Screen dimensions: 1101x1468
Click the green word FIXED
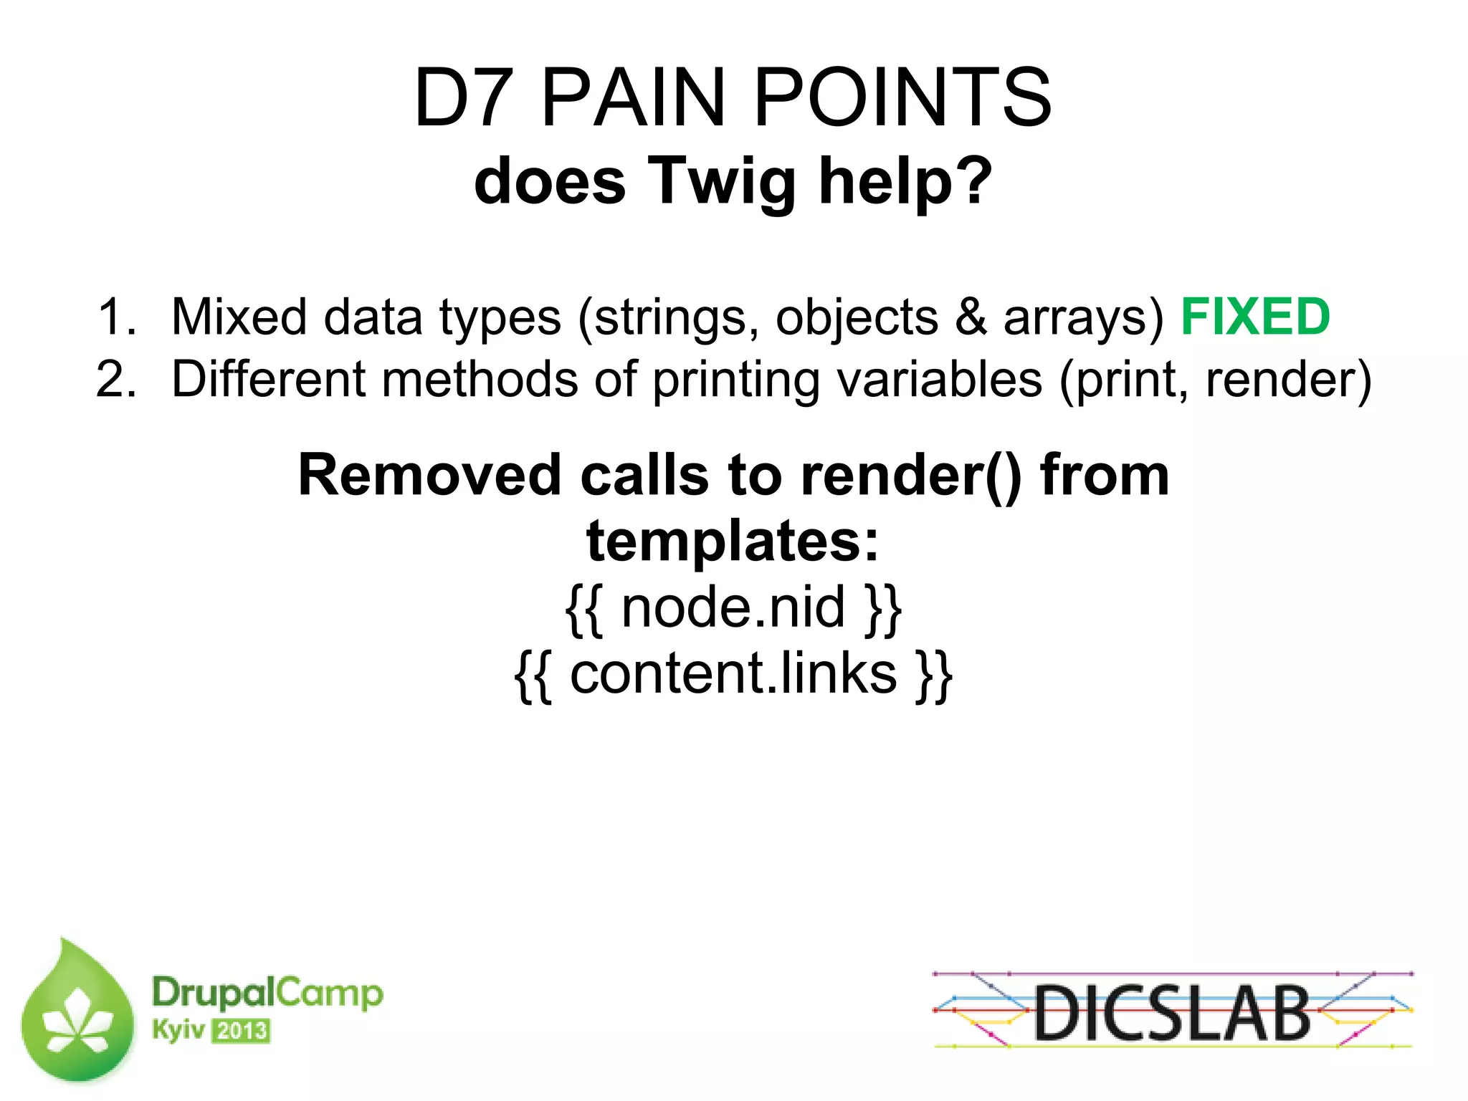(1254, 317)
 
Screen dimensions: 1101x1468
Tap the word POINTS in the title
(902, 98)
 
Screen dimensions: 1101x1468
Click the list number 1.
(116, 317)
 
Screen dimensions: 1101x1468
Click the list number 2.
(116, 379)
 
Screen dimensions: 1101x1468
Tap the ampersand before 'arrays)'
(971, 317)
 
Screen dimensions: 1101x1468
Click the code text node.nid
(733, 607)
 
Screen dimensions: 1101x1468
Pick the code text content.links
(733, 674)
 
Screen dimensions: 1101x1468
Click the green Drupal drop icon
(77, 1014)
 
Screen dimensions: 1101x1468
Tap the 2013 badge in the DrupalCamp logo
(242, 1031)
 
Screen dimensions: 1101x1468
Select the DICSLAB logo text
(1172, 1013)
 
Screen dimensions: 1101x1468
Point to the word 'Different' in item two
(268, 379)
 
